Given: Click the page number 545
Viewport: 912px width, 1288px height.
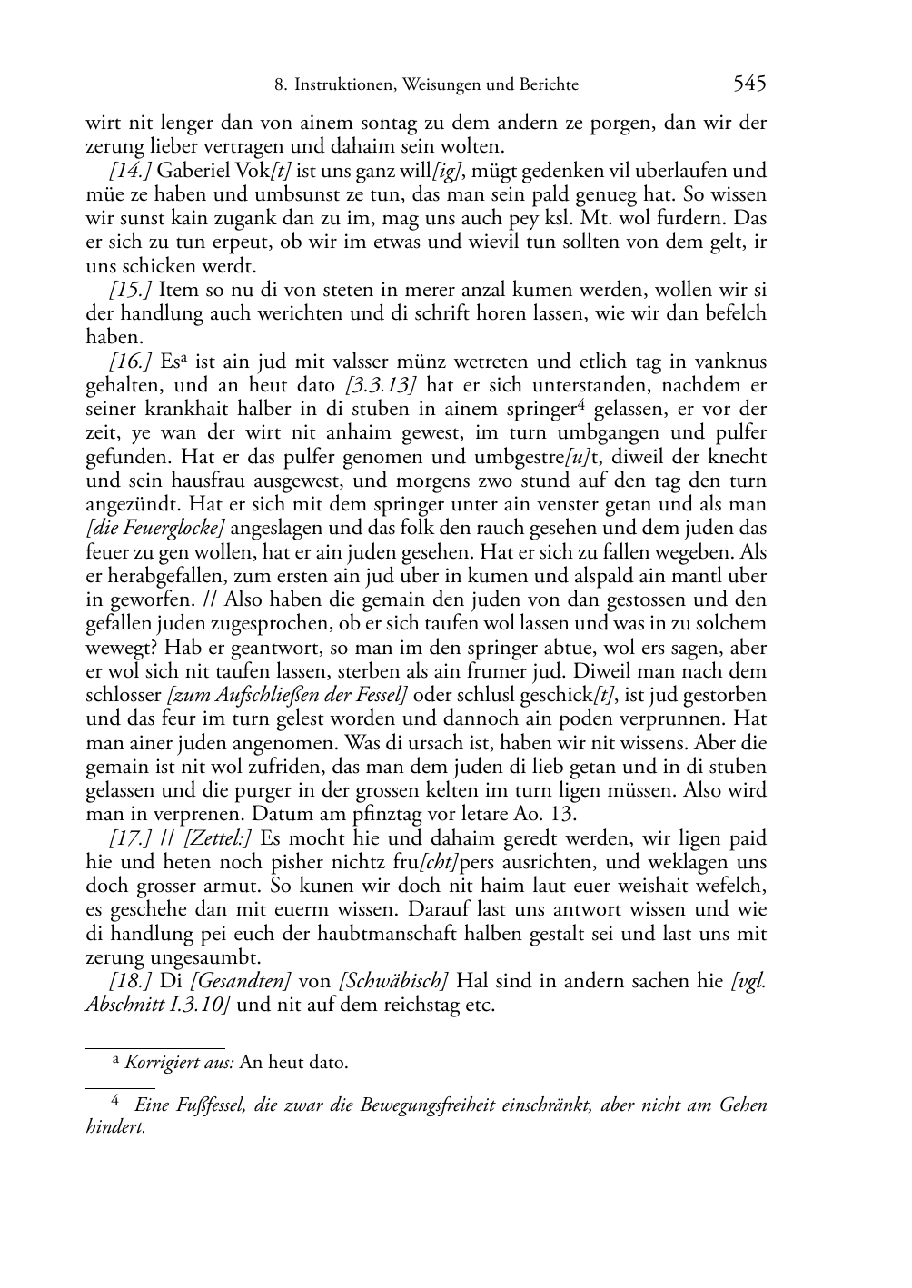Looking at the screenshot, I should click(749, 84).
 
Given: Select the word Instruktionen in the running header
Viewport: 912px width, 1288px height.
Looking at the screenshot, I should click(341, 85).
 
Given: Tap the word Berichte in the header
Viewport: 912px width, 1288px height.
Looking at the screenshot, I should click(550, 85).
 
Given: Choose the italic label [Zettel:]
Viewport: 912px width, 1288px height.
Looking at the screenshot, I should click(217, 838).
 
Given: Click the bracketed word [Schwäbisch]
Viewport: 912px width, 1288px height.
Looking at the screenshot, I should click(393, 981).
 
